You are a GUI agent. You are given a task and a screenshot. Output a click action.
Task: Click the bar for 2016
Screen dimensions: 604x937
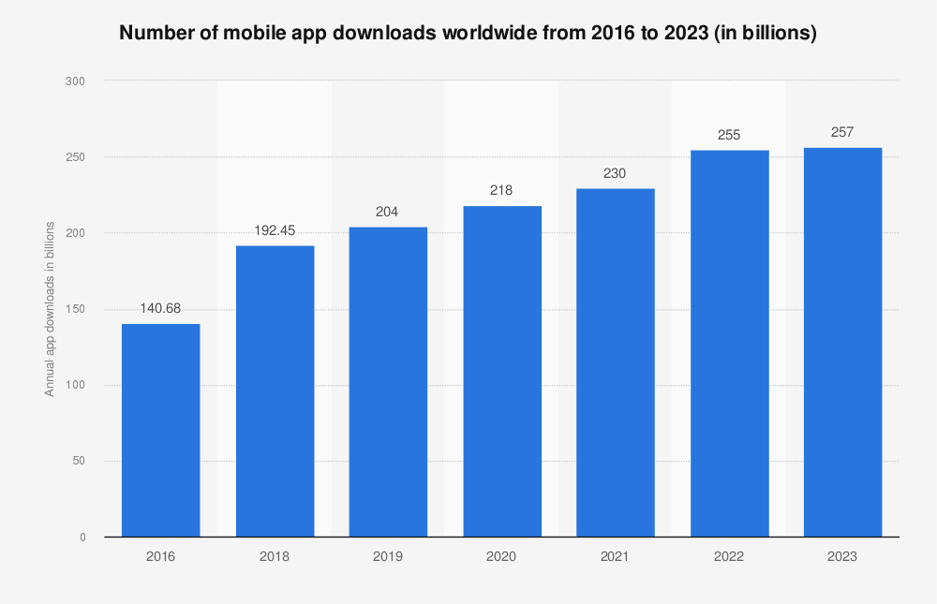[x=160, y=430]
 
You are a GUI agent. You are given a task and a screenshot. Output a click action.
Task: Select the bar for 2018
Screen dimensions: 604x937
[x=275, y=390]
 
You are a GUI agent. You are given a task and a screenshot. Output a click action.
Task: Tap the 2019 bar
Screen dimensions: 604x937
[x=388, y=381]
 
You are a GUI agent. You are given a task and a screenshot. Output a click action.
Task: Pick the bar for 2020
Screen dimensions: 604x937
[x=501, y=371]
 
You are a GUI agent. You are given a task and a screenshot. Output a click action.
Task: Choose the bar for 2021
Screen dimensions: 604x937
[x=615, y=362]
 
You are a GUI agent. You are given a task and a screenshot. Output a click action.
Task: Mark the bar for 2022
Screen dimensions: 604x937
[x=729, y=343]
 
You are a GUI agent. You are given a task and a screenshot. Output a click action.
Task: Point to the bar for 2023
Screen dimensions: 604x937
[x=842, y=342]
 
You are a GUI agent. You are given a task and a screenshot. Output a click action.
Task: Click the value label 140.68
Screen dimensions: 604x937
[x=160, y=307]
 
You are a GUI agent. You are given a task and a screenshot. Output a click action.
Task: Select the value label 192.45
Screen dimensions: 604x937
[x=275, y=228]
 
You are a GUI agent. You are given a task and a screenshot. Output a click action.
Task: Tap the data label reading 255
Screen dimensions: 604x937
[x=729, y=135]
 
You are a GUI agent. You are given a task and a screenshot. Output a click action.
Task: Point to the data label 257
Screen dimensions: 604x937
[x=842, y=132]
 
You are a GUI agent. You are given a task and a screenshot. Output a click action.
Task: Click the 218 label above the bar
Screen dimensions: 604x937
[x=501, y=190]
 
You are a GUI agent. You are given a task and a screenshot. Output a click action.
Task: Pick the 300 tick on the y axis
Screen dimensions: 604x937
[x=76, y=81]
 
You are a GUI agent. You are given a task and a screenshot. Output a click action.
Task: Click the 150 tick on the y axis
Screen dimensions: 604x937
[x=76, y=309]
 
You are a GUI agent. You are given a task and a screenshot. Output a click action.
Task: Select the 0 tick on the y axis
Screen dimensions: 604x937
[x=82, y=537]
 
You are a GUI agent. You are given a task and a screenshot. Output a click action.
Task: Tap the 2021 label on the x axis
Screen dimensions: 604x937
[x=615, y=556]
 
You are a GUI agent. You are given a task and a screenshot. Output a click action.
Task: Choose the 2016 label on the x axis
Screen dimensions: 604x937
[x=160, y=556]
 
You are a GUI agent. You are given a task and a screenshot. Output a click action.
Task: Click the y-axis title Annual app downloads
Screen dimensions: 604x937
[x=50, y=309]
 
